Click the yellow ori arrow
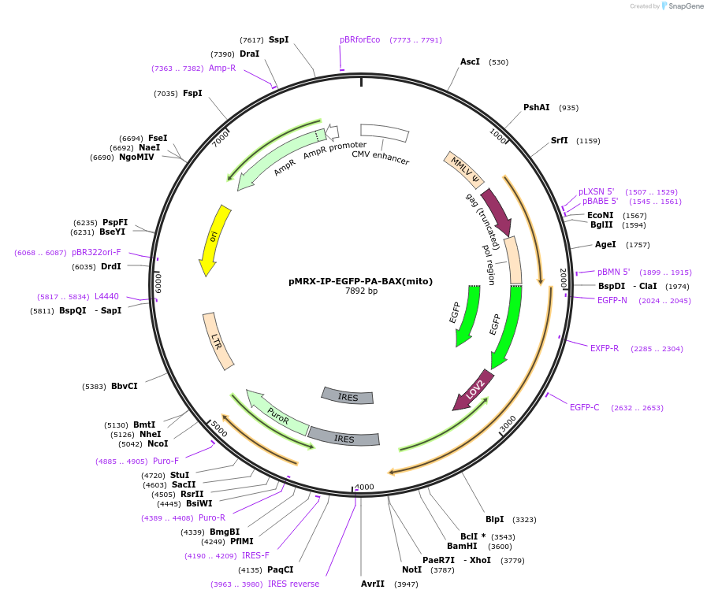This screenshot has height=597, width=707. [x=214, y=239]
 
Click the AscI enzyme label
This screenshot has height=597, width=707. [x=470, y=61]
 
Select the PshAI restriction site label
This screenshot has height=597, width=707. [x=536, y=107]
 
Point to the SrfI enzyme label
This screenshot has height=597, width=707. [x=559, y=140]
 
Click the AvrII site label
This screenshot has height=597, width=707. [x=373, y=584]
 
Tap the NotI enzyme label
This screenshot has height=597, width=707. [x=411, y=569]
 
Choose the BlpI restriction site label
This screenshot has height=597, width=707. [x=494, y=519]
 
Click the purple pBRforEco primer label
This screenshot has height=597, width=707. [x=359, y=39]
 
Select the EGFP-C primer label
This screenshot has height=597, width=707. [x=584, y=407]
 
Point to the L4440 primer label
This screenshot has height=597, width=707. [x=106, y=296]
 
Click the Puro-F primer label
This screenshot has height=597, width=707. [x=166, y=461]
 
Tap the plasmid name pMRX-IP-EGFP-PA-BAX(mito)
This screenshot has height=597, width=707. [x=360, y=280]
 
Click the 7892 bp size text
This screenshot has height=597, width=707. [x=361, y=291]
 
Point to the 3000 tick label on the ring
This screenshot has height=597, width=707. [x=508, y=423]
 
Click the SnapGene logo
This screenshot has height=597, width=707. [x=682, y=6]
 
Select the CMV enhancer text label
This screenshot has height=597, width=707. [x=381, y=158]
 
